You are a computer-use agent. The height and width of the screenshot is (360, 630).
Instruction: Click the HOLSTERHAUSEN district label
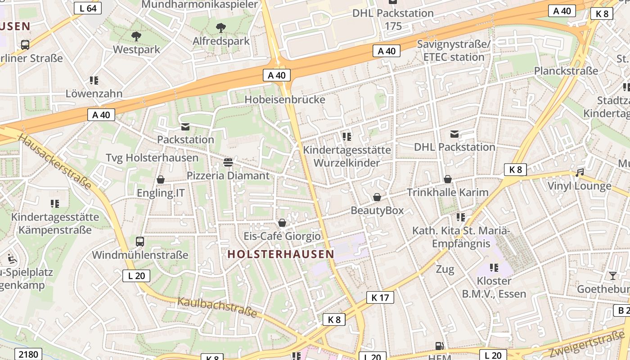click(281, 254)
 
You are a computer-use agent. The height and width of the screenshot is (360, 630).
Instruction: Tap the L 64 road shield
click(88, 8)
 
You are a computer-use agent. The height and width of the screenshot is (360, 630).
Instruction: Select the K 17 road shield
click(380, 297)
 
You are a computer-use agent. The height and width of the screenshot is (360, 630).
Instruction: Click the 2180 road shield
click(28, 354)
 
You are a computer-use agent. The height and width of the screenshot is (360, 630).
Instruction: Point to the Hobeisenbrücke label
click(284, 99)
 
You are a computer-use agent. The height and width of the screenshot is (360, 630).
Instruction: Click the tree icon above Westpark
click(136, 36)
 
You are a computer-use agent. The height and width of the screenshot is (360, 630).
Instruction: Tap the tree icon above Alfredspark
click(220, 28)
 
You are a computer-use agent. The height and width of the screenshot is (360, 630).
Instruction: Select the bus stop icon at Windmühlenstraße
click(140, 242)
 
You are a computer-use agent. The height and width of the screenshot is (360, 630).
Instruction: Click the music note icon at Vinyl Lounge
click(580, 172)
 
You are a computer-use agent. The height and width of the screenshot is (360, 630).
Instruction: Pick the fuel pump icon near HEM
click(439, 346)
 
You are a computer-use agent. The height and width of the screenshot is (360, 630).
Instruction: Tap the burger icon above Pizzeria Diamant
click(228, 162)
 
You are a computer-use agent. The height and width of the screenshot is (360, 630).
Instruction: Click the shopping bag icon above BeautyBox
click(377, 197)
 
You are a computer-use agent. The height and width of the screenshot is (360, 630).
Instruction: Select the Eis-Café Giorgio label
click(282, 236)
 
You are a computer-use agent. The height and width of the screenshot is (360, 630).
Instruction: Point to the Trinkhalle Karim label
click(447, 193)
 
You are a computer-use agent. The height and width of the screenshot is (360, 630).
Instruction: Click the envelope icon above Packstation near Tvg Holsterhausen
click(185, 127)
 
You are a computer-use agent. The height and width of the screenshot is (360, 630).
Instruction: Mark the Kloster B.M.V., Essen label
click(494, 288)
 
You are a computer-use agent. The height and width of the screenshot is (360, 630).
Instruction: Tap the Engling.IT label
click(161, 193)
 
